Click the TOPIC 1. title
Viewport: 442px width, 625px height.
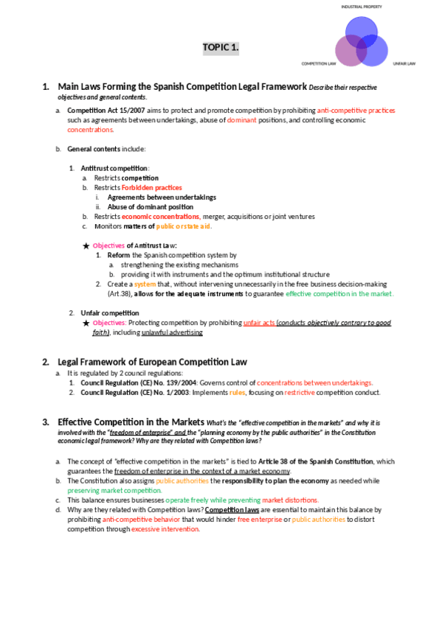(x=221, y=49)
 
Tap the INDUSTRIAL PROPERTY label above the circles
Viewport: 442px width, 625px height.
(x=360, y=6)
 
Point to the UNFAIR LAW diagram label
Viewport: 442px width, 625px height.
(x=404, y=63)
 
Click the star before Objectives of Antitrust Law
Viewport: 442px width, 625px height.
(x=86, y=245)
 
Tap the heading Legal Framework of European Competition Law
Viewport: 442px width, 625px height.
(x=152, y=361)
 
